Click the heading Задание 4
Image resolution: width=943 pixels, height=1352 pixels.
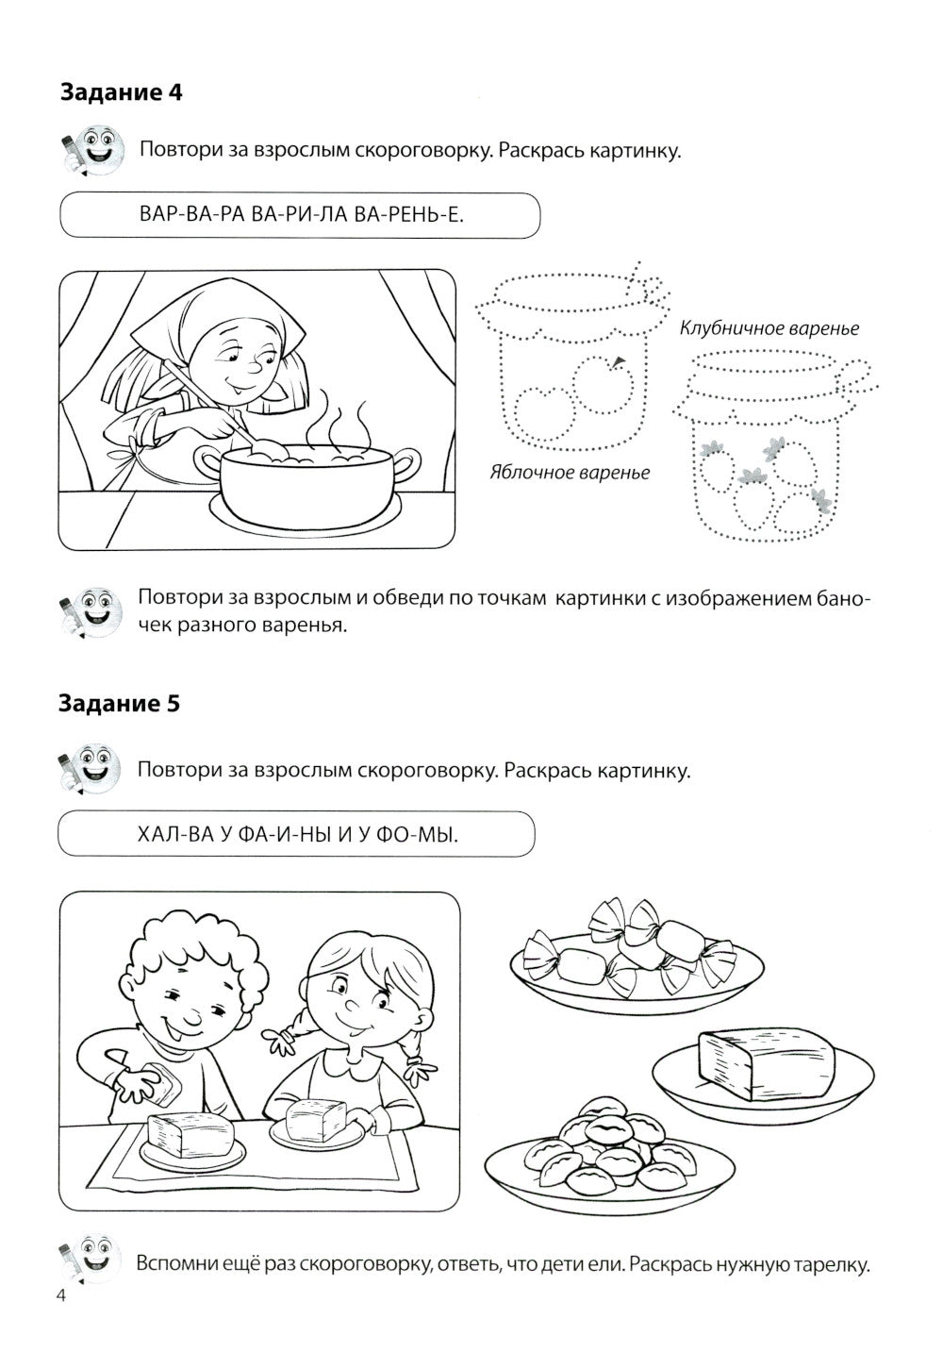coord(120,92)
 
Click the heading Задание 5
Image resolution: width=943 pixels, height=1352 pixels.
coord(120,704)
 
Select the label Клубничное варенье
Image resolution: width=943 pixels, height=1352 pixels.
coord(769,328)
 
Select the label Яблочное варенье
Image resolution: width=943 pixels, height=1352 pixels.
coord(569,472)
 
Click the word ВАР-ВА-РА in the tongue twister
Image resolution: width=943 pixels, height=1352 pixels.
coord(180,216)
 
